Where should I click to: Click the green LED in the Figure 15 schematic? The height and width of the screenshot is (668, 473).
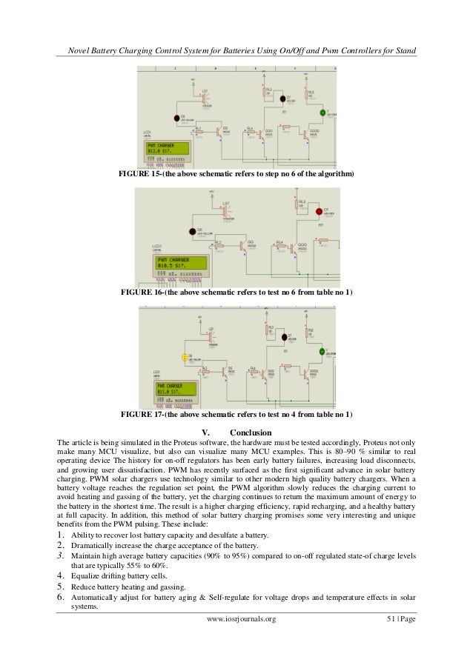pyautogui.click(x=322, y=113)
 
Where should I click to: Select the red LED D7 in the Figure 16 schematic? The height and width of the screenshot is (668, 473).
pyautogui.click(x=319, y=212)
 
